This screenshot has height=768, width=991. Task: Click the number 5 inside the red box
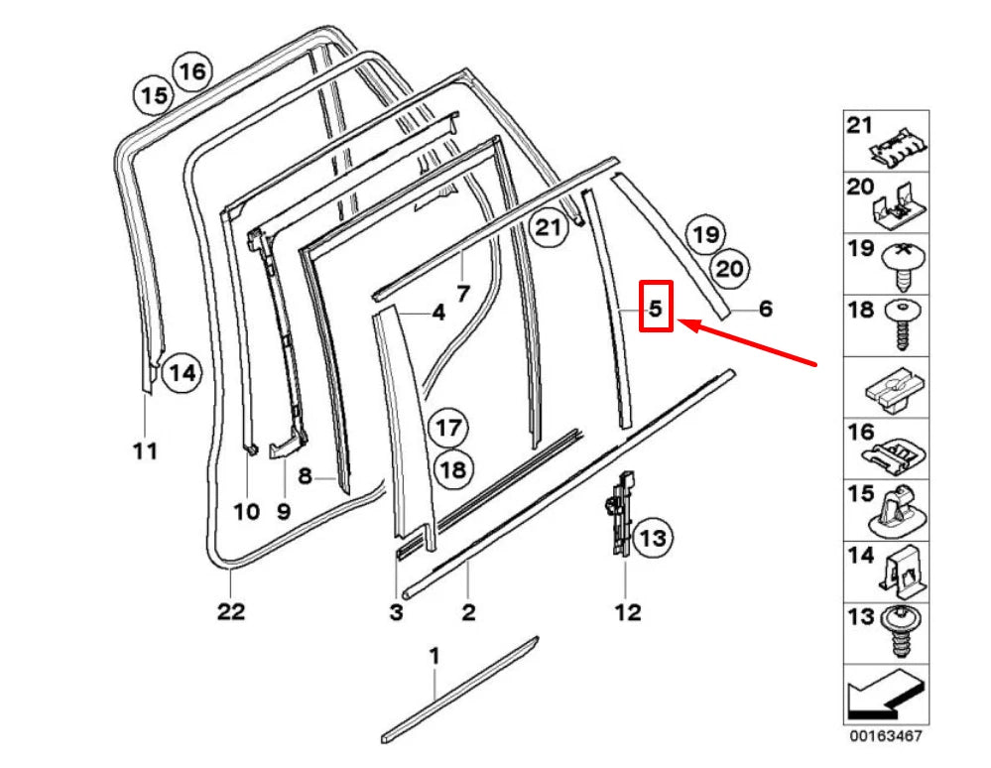click(x=656, y=309)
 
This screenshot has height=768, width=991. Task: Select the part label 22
click(x=230, y=611)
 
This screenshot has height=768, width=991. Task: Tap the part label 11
click(x=145, y=452)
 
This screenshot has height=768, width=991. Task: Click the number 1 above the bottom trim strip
click(x=434, y=656)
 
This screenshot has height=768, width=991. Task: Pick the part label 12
click(x=627, y=611)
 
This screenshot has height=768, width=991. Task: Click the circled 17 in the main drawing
click(x=448, y=429)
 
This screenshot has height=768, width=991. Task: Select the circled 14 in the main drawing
click(x=180, y=373)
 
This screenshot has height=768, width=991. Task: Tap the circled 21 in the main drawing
click(x=549, y=229)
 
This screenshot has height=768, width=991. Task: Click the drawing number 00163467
click(x=885, y=738)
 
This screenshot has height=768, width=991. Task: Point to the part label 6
click(x=766, y=310)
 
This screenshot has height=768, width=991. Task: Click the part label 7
click(x=462, y=293)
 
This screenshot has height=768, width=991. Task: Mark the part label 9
click(x=284, y=512)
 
